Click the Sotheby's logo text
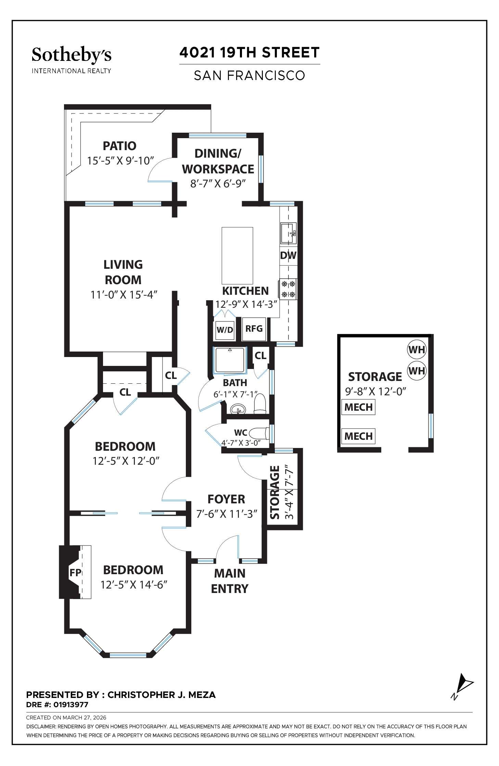click(71, 55)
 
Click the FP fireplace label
click(75, 572)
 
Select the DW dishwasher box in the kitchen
click(288, 255)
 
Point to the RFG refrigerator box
click(254, 329)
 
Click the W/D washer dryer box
click(225, 330)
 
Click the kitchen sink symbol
click(288, 233)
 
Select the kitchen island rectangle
click(237, 255)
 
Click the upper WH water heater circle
click(417, 349)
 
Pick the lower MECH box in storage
click(358, 436)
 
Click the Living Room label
click(123, 272)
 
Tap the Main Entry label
click(230, 581)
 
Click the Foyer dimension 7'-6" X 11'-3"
click(227, 514)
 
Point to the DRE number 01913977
click(57, 704)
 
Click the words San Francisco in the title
click(249, 75)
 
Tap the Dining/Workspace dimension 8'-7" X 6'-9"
click(218, 184)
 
